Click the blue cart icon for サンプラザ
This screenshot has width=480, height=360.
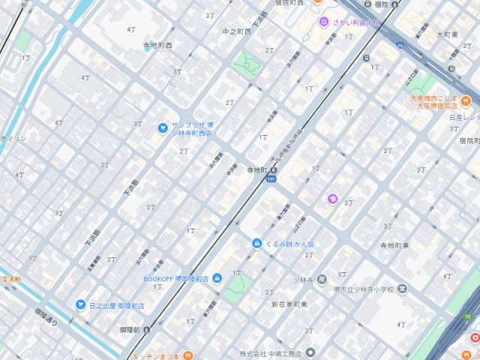pyautogui.click(x=163, y=127)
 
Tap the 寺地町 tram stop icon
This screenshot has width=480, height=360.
pyautogui.click(x=273, y=171)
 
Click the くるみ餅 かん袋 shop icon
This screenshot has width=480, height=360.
pyautogui.click(x=256, y=244)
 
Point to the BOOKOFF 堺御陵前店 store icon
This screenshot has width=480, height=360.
pyautogui.click(x=217, y=279)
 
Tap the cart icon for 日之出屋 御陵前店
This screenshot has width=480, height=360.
pyautogui.click(x=80, y=305)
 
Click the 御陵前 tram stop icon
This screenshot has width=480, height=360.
pyautogui.click(x=146, y=329)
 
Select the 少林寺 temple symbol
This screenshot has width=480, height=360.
pyautogui.click(x=322, y=279)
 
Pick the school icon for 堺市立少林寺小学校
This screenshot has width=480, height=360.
pyautogui.click(x=403, y=289)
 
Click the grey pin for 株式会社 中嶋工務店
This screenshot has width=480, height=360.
pyautogui.click(x=310, y=352)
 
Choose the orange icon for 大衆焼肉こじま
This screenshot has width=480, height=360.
pyautogui.click(x=466, y=100)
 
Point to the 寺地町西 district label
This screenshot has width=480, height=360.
pyautogui.click(x=157, y=45)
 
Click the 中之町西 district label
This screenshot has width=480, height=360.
pyautogui.click(x=236, y=31)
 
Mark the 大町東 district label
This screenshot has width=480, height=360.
pyautogui.click(x=447, y=34)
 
